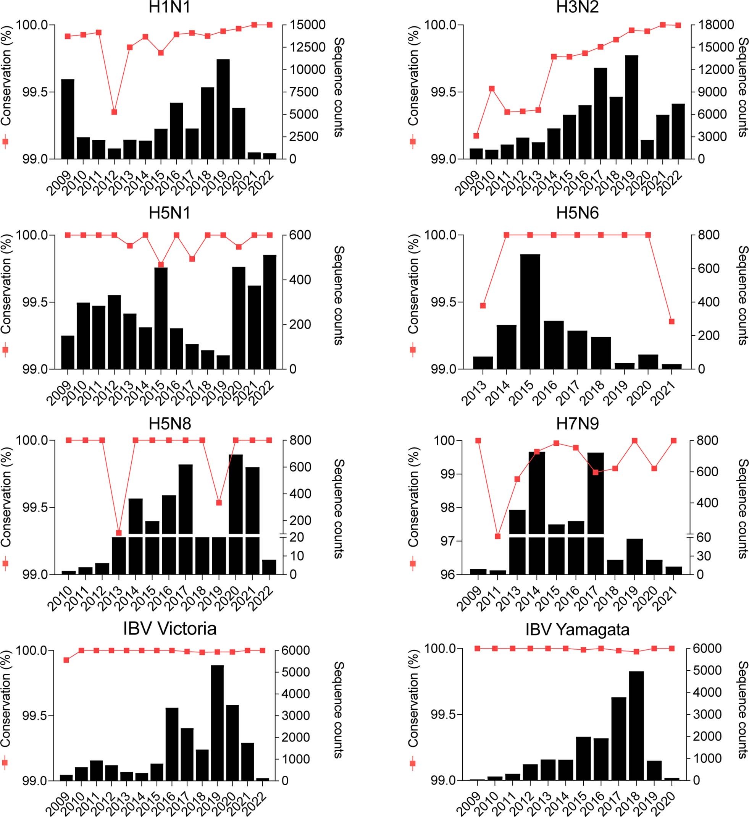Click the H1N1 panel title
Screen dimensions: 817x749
click(169, 8)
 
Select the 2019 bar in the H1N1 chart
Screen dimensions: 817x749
click(223, 110)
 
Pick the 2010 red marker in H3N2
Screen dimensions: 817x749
click(492, 88)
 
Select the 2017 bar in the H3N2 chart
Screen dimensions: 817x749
click(600, 113)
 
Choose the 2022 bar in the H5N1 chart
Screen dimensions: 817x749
click(270, 312)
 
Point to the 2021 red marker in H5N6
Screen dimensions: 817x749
click(671, 322)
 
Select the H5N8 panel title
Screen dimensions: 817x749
click(169, 423)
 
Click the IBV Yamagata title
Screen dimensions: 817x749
click(577, 630)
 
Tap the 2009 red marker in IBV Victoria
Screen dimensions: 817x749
click(66, 660)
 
